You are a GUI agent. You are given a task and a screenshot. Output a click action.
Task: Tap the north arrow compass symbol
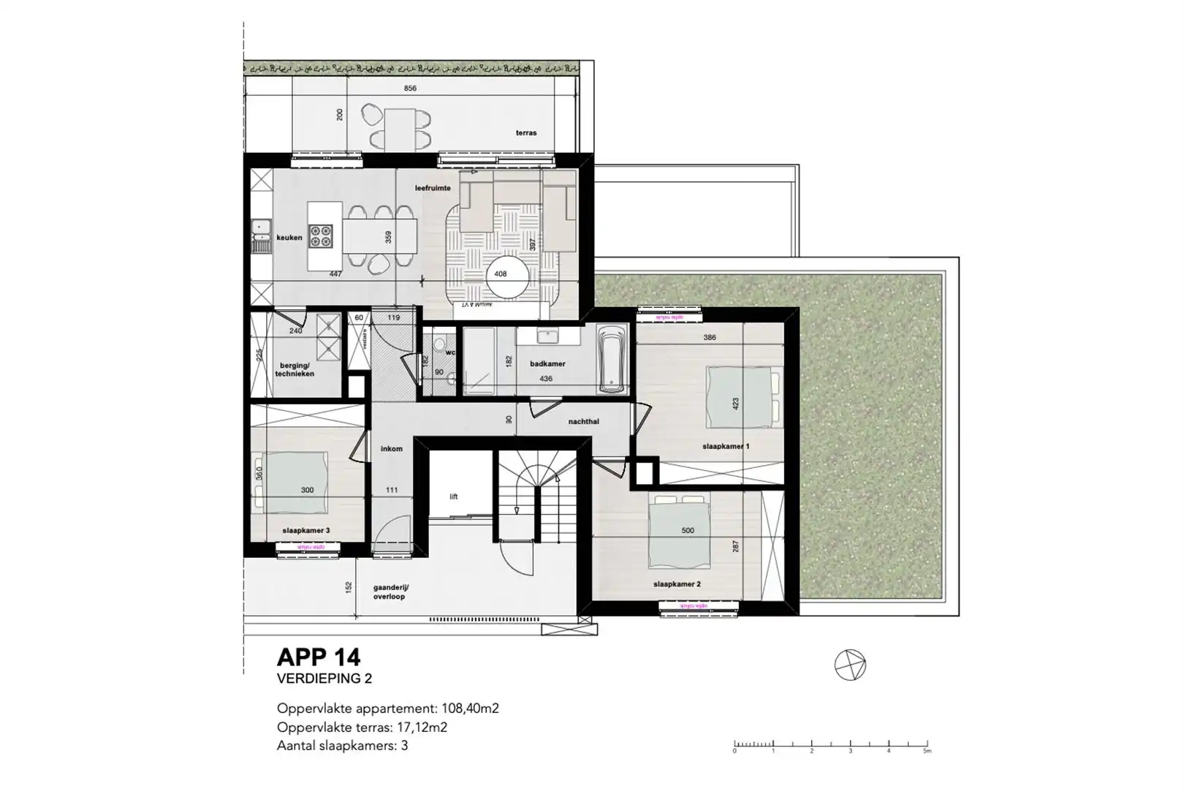tap(850, 665)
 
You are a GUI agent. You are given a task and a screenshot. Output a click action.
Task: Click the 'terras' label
tap(525, 133)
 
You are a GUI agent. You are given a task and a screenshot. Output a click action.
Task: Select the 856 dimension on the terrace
tap(410, 88)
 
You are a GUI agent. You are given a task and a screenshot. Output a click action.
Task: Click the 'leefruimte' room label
tap(433, 188)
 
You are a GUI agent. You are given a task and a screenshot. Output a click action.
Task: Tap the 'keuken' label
tap(289, 238)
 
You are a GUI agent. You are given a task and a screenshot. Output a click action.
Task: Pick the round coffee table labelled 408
tap(507, 276)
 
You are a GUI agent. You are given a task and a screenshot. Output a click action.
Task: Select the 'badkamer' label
tap(547, 363)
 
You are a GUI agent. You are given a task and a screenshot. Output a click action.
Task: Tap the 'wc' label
tap(451, 352)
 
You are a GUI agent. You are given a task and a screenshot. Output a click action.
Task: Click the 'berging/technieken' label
tap(295, 369)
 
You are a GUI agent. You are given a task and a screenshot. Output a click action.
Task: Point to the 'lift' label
tap(453, 496)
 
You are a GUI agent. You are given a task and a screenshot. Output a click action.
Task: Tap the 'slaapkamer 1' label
tap(725, 446)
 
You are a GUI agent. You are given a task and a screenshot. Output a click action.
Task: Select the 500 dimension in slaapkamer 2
tap(687, 531)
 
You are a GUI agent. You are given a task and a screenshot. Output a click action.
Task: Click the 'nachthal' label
tap(583, 422)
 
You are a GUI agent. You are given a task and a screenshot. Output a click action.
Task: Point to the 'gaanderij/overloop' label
tap(390, 592)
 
